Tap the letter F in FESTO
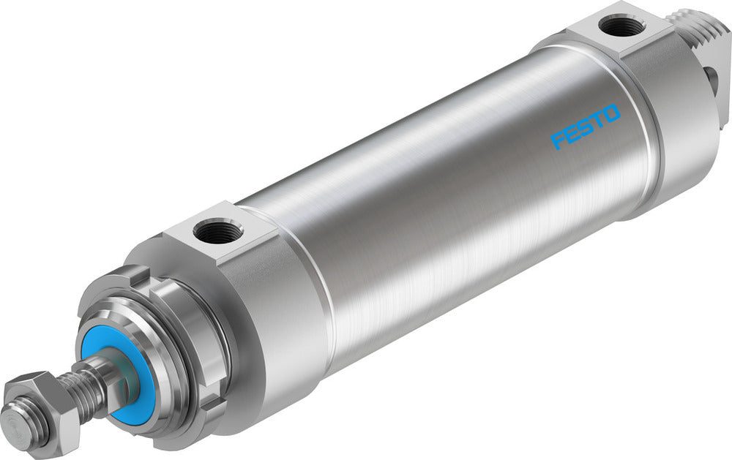(559, 139)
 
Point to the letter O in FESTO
(611, 114)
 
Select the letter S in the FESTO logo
(585, 127)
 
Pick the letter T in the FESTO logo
(598, 121)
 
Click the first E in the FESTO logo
(572, 132)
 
